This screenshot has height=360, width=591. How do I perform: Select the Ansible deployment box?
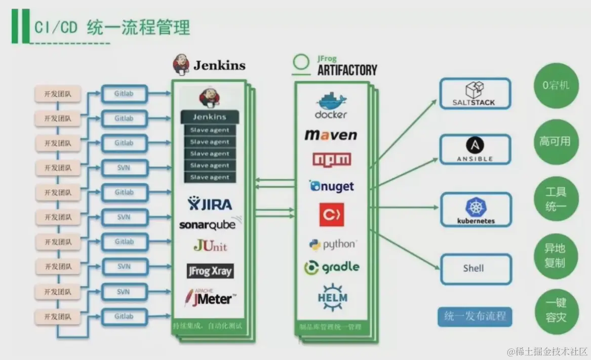[475, 149]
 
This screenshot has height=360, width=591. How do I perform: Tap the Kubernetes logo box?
[475, 210]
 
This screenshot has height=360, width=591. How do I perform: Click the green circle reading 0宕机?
[556, 86]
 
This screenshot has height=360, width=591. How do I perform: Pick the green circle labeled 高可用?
[556, 142]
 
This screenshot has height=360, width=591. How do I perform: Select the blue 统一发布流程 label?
[475, 316]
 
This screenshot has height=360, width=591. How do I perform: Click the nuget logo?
[332, 186]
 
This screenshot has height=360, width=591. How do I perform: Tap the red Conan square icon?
[331, 214]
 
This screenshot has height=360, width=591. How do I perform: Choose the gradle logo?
[332, 267]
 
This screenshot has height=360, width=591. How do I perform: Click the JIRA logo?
[210, 204]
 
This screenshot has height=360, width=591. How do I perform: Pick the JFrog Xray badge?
[210, 271]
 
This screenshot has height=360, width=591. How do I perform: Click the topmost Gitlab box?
[124, 94]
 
